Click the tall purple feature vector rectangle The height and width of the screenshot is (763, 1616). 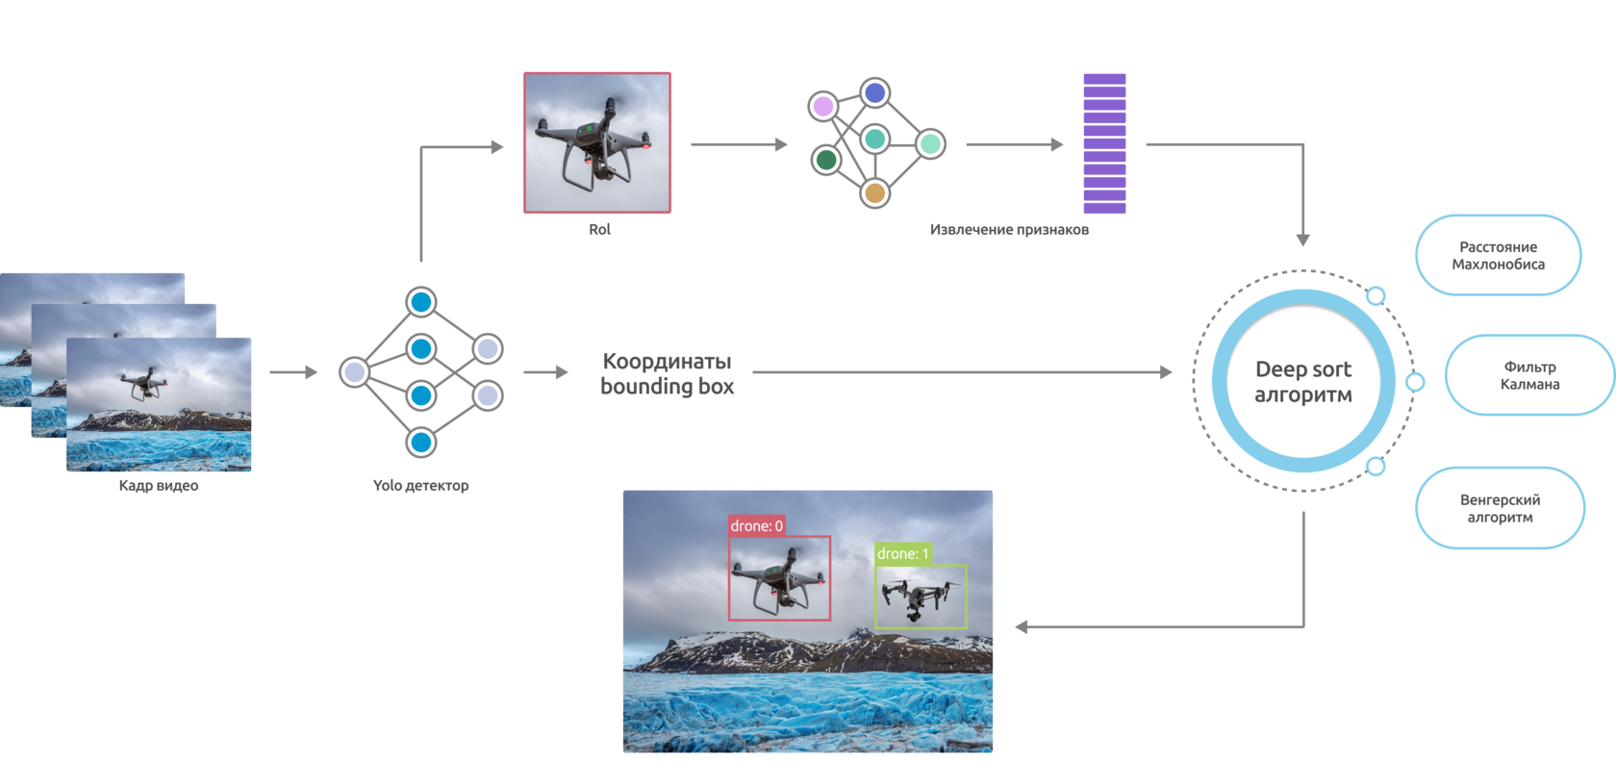(1104, 143)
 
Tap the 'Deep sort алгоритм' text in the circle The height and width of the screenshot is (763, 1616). (1303, 382)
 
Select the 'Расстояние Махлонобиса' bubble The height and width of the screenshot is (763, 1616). (1498, 255)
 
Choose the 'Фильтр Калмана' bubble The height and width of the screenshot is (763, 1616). (1529, 375)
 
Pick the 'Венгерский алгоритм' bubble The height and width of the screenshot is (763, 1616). (1500, 508)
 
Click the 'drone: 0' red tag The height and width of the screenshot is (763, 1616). (757, 525)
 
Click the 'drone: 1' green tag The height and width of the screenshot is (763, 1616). (902, 553)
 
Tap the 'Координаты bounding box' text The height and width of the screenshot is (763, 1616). (667, 373)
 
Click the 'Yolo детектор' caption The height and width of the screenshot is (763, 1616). (420, 486)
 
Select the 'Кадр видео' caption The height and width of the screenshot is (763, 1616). (159, 486)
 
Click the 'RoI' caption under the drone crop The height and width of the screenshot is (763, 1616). (599, 229)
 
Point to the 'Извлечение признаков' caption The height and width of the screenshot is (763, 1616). (1009, 229)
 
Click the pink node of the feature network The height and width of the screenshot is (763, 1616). (823, 106)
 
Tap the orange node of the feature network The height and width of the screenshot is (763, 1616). (874, 193)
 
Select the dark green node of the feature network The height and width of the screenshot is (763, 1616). (825, 159)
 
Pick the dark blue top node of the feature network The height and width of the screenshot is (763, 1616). (874, 93)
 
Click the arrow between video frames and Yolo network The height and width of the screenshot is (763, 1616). (293, 372)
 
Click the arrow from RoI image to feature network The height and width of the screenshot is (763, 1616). (739, 144)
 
